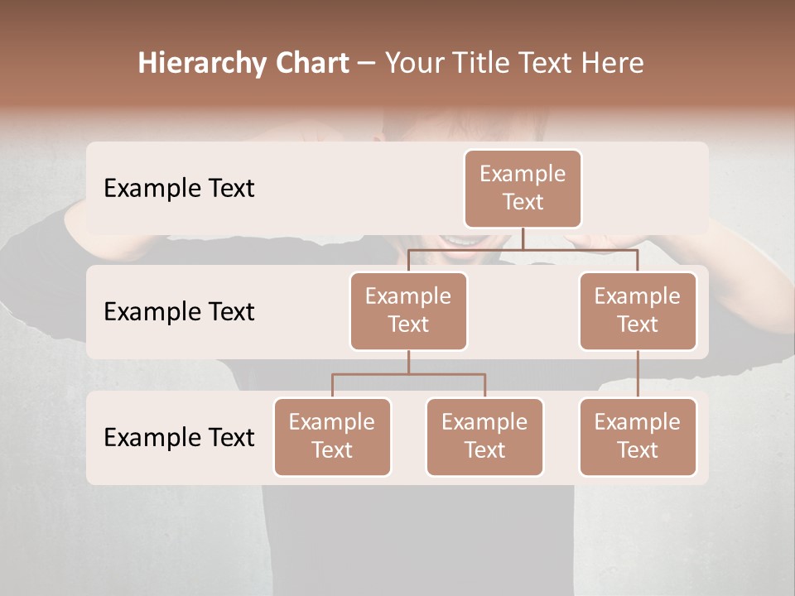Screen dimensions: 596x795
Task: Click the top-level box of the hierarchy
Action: [x=523, y=188]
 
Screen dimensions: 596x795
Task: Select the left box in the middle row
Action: [x=408, y=310]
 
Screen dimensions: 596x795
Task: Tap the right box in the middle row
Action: [x=638, y=310]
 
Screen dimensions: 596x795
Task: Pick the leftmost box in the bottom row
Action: [x=332, y=436]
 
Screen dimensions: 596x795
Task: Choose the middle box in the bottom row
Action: [x=484, y=436]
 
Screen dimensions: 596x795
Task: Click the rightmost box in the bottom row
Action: [x=638, y=436]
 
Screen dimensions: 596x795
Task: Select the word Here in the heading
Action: [x=614, y=63]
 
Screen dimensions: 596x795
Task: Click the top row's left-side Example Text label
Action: [x=179, y=188]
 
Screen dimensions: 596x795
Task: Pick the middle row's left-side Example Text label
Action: [x=179, y=311]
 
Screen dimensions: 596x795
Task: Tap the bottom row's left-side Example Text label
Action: [x=179, y=437]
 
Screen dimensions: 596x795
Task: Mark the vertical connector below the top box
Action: [x=523, y=238]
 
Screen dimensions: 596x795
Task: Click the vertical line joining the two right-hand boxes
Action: [x=638, y=374]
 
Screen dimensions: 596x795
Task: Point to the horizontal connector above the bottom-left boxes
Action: [x=408, y=374]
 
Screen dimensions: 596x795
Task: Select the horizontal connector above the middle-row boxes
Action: [x=523, y=249]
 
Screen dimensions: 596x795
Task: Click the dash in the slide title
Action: [x=367, y=64]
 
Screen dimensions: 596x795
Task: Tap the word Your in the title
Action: [x=414, y=63]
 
